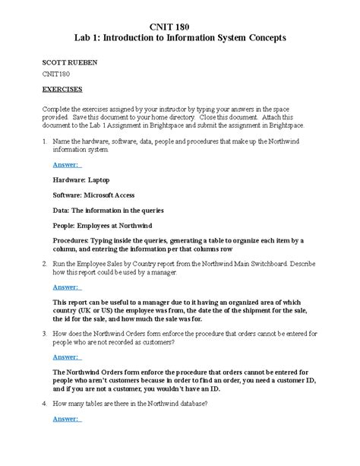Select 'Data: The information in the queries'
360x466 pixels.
109,211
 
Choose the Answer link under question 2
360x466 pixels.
68,287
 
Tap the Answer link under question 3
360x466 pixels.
68,357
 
